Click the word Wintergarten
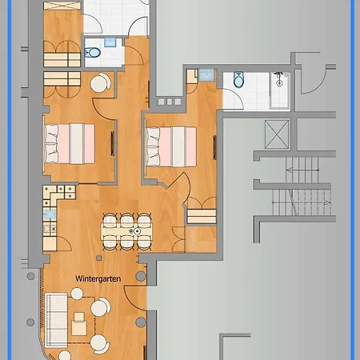(x=98, y=279)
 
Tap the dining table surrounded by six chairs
(x=126, y=231)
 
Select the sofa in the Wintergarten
(x=56, y=320)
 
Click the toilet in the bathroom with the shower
(x=238, y=79)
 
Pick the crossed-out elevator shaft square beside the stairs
(x=277, y=134)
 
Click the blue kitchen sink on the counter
(x=50, y=214)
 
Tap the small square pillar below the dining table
(x=99, y=258)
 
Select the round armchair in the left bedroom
(x=101, y=82)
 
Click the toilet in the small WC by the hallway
(x=92, y=53)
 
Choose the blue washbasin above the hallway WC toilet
(x=110, y=42)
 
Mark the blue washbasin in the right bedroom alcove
(x=206, y=75)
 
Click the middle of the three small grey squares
(x=170, y=102)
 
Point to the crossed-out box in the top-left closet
(x=62, y=6)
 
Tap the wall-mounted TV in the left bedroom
(x=112, y=143)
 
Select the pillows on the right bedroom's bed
(x=154, y=147)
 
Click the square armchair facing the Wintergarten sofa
(x=79, y=324)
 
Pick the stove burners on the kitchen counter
(x=50, y=229)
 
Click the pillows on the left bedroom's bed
(x=51, y=144)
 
